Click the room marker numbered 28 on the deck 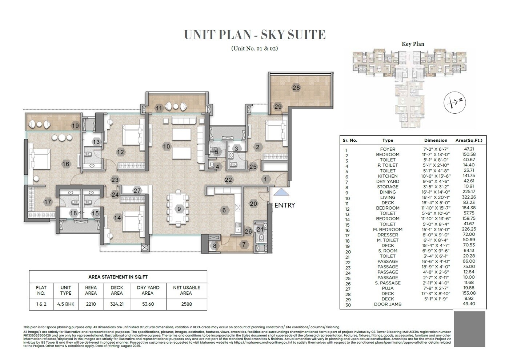(x=296, y=88)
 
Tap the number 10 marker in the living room (x=166, y=147)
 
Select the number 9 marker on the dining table (x=179, y=209)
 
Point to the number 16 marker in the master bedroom (x=65, y=164)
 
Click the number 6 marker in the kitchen (x=224, y=210)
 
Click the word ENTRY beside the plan (x=285, y=205)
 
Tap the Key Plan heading (x=413, y=44)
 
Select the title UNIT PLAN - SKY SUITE (x=254, y=35)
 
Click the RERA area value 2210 (x=91, y=304)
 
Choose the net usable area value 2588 (x=187, y=304)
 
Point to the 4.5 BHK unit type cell (x=66, y=304)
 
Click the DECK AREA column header (x=117, y=290)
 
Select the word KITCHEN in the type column (x=388, y=176)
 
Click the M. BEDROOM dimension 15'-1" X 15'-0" (x=436, y=229)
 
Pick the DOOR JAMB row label (x=388, y=304)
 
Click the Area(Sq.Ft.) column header (x=469, y=140)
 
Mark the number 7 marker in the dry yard (x=244, y=245)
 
